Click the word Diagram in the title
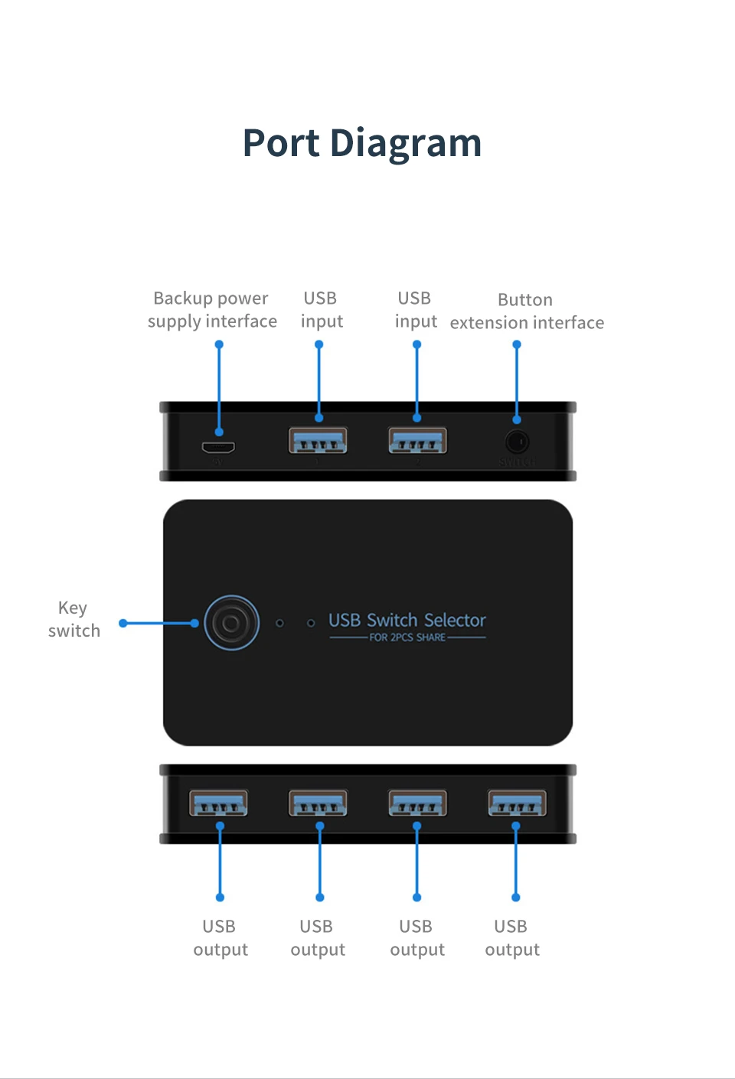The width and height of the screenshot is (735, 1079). point(406,144)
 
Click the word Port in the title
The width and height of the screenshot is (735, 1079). point(281,144)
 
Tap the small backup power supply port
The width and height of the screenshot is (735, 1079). point(218,447)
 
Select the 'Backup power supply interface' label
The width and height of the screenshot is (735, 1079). point(212,310)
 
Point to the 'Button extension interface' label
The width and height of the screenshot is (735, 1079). point(527,311)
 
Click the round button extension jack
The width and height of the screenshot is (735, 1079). point(517,442)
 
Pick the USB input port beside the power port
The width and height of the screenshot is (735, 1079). point(318,442)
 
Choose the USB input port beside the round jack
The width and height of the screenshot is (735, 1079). point(417,442)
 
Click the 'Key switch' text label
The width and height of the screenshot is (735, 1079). point(73,619)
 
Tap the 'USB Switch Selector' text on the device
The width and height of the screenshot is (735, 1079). point(407,620)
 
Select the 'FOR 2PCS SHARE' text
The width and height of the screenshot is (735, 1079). point(407,637)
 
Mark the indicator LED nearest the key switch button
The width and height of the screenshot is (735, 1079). point(280,623)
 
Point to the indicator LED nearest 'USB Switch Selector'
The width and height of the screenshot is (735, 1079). point(311,623)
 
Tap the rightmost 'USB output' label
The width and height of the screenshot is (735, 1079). point(512,938)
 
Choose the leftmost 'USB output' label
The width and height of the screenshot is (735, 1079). point(220,938)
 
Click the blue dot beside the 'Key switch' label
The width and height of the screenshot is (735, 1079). point(123,624)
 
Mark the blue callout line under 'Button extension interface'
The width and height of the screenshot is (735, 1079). point(517,383)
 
